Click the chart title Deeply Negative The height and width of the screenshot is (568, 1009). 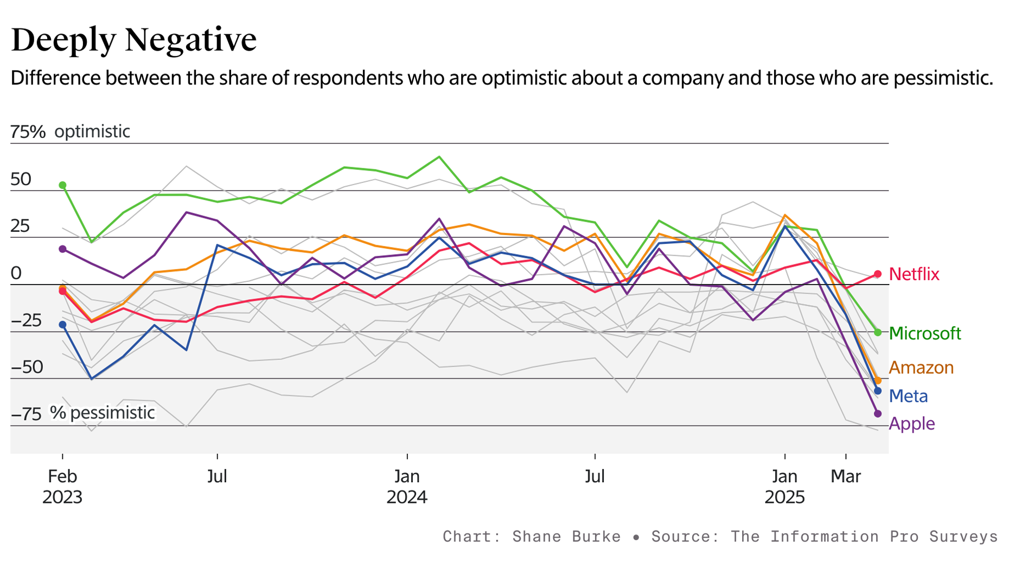coord(133,40)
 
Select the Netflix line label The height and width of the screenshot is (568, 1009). coord(914,274)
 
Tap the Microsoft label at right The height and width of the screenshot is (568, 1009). coord(924,333)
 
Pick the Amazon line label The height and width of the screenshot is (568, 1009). coord(921,368)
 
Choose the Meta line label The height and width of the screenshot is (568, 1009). coord(908,396)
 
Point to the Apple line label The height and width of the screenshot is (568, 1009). coord(911,424)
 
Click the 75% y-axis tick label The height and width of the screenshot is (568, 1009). coord(28,131)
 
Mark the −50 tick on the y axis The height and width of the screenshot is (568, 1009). coord(27,367)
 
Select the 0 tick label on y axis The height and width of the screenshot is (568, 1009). coord(16,273)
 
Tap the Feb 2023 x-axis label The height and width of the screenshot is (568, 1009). coord(62,486)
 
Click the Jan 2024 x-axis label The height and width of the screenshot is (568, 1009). coord(407,486)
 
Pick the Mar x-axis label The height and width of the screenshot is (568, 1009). coord(846,476)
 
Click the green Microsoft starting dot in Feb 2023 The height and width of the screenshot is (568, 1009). coord(62,185)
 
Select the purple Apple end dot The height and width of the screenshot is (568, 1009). coord(878,414)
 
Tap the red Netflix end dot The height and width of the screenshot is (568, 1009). coord(878,274)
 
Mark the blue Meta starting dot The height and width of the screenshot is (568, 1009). coord(62,325)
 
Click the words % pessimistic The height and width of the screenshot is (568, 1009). coord(103,413)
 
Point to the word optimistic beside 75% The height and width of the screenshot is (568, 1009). coord(92,131)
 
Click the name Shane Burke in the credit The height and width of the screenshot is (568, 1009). coord(566,537)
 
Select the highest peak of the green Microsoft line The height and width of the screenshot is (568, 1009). coord(439,157)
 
